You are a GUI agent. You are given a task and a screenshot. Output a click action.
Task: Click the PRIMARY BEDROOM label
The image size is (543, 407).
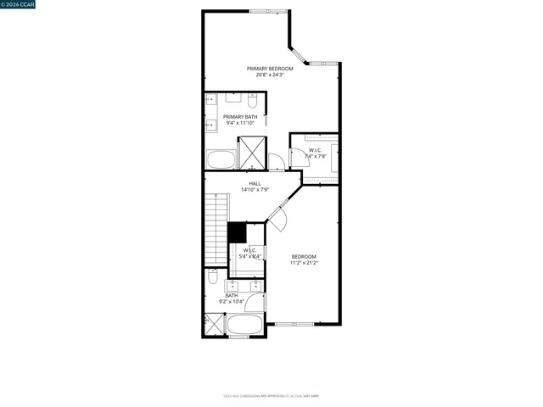pyautogui.click(x=270, y=68)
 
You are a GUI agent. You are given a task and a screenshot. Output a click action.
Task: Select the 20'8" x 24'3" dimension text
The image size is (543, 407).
pyautogui.click(x=270, y=75)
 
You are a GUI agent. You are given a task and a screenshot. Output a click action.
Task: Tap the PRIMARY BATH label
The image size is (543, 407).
pyautogui.click(x=240, y=117)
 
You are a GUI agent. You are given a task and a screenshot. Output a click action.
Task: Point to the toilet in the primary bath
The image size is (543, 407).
pyautogui.click(x=210, y=101)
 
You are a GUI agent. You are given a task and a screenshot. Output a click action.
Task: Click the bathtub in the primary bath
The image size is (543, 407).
pyautogui.click(x=222, y=159)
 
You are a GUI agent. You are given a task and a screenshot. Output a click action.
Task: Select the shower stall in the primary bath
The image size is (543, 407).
pyautogui.click(x=253, y=153)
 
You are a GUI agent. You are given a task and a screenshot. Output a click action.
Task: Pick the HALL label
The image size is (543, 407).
pyautogui.click(x=255, y=183)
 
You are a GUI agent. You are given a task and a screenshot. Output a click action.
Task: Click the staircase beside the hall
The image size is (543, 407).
pyautogui.click(x=217, y=227)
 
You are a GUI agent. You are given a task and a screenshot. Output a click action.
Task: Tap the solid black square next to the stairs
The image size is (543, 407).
pyautogui.click(x=236, y=231)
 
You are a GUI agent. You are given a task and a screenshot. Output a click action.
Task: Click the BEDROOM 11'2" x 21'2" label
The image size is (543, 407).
pyautogui.click(x=304, y=259)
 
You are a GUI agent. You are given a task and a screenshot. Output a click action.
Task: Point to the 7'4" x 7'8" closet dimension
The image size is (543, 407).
pyautogui.click(x=316, y=156)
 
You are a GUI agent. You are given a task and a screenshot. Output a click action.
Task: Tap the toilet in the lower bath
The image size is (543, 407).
pyautogui.click(x=212, y=278)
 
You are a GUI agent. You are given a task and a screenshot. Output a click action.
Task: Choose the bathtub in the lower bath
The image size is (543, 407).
pyautogui.click(x=246, y=325)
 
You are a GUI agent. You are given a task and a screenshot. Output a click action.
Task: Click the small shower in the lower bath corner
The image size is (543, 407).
pyautogui.click(x=212, y=324)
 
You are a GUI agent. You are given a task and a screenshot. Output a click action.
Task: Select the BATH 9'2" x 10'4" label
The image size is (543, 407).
pyautogui.click(x=232, y=298)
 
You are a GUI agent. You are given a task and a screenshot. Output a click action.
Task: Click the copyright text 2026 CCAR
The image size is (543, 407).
pyautogui.click(x=19, y=5)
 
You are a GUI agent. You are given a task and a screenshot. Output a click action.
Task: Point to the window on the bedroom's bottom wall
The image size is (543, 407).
pyautogui.click(x=294, y=325)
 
